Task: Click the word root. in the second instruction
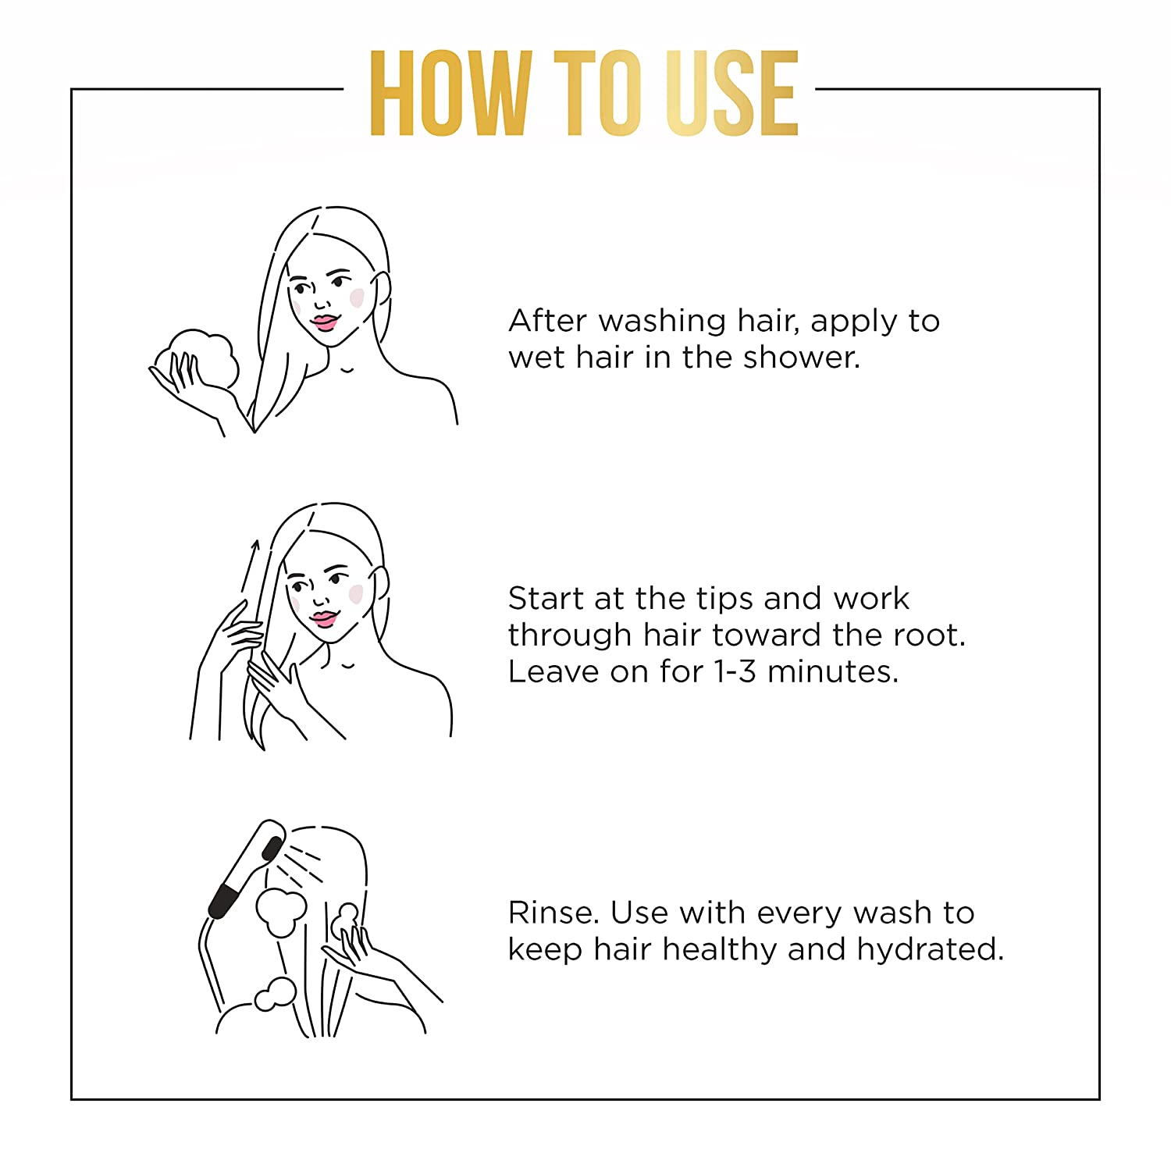[929, 636]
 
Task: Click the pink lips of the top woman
[324, 321]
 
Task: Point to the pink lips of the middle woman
[322, 618]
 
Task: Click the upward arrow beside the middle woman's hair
[249, 567]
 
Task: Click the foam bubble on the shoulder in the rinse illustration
[276, 994]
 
